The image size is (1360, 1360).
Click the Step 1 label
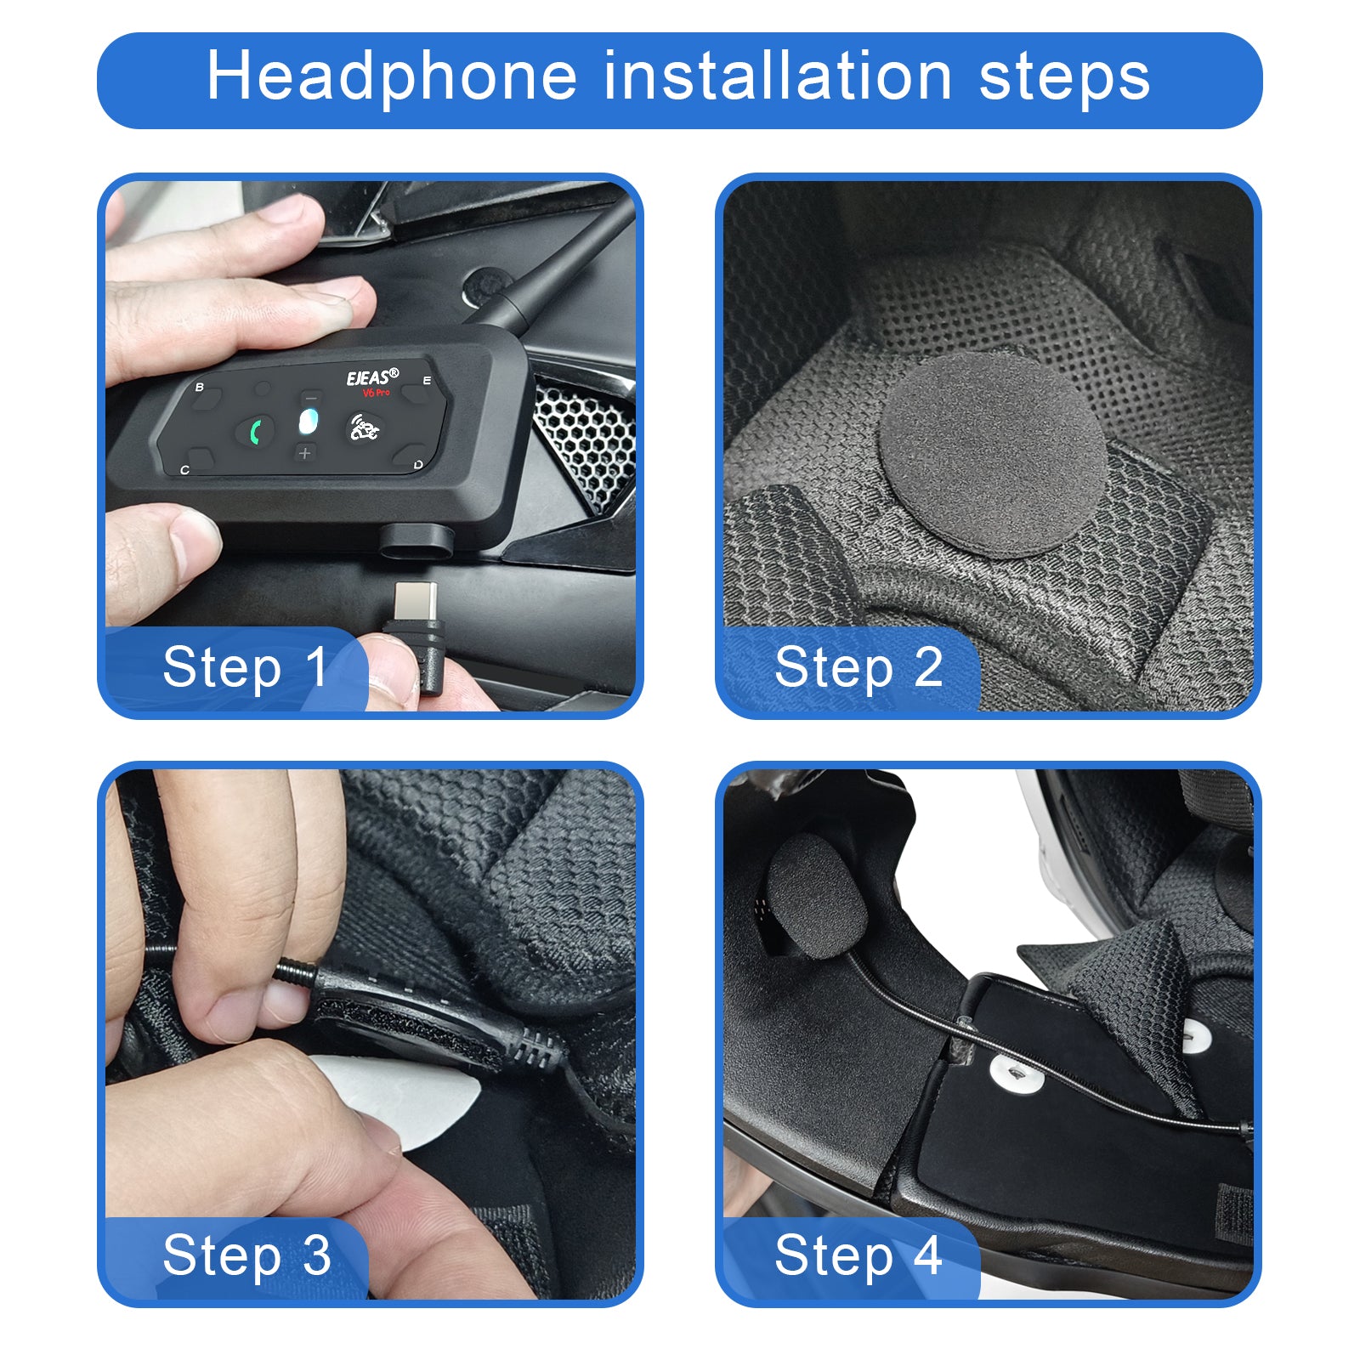coord(245,667)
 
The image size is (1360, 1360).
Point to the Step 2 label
coord(858,667)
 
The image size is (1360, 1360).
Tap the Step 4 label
coord(858,1255)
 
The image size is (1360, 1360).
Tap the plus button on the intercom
coord(305,453)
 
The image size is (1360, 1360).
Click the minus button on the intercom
coord(311,398)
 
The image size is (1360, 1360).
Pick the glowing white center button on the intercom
coord(309,422)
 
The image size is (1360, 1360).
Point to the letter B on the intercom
coord(200,388)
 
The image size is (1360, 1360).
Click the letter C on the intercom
coord(185,469)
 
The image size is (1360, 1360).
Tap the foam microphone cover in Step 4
coord(816,897)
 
